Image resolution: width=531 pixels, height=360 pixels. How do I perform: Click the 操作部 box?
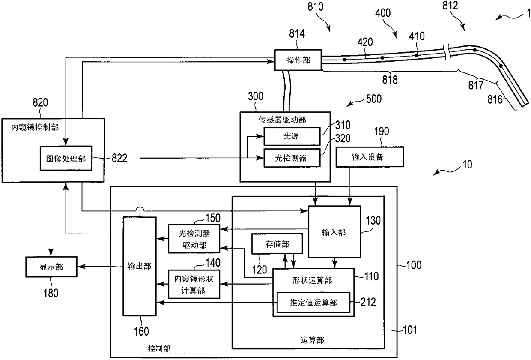[298, 60]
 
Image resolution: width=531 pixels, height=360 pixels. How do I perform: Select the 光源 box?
[292, 136]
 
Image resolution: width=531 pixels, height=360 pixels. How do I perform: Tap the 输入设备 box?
[370, 157]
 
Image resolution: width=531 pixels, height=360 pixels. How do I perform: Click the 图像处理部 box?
[66, 158]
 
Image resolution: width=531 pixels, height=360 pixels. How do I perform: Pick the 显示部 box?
[51, 267]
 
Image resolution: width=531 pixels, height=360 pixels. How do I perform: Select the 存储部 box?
[277, 244]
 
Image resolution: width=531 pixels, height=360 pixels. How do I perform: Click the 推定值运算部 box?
[313, 302]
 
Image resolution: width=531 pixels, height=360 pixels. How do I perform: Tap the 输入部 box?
[334, 232]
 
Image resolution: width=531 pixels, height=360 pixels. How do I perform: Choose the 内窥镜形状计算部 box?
[194, 284]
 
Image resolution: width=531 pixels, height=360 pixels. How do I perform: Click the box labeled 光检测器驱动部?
[194, 239]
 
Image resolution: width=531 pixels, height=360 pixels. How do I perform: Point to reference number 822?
[119, 158]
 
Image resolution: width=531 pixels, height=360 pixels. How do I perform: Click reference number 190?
[382, 131]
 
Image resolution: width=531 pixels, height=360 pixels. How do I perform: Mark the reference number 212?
[368, 302]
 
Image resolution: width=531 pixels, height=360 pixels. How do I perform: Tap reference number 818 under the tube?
[390, 80]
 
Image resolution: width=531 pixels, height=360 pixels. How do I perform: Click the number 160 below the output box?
[141, 331]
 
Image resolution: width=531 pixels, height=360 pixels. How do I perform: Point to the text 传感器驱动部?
[282, 120]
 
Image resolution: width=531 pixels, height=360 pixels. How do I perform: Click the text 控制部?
[159, 348]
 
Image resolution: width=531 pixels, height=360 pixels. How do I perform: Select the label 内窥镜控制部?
[35, 127]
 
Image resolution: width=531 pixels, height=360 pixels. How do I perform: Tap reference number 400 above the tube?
[383, 13]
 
